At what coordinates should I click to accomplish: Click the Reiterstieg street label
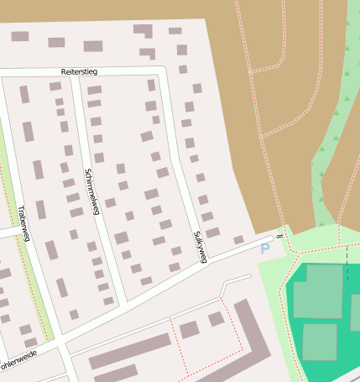[80, 73]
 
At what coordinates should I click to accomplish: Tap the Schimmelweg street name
[91, 192]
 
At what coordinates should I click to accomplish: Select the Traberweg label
[23, 223]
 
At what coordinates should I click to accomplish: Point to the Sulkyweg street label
[199, 247]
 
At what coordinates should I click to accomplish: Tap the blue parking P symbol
[265, 249]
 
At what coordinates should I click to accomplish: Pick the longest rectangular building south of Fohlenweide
[129, 351]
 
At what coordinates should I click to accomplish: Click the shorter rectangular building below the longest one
[116, 372]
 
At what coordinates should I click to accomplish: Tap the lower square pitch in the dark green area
[319, 342]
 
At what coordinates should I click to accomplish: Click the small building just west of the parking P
[238, 240]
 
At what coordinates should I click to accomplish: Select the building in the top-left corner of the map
[19, 36]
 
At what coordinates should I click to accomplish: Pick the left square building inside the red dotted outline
[190, 329]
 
